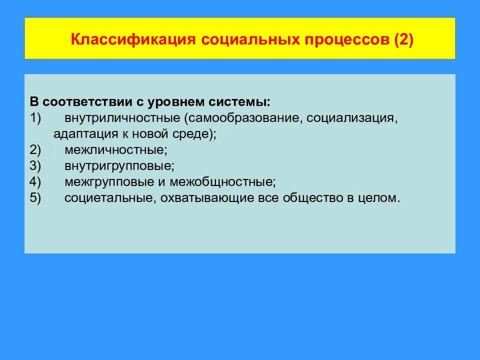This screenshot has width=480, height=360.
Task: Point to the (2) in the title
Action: [403, 40]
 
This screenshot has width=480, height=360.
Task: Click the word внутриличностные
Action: [122, 118]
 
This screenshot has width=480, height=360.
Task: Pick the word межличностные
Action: [115, 149]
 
